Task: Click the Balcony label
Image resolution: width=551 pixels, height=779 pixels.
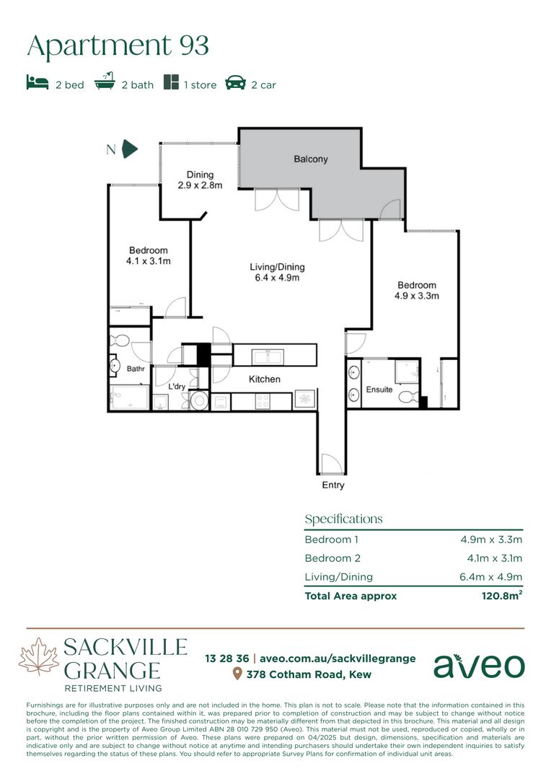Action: pyautogui.click(x=311, y=159)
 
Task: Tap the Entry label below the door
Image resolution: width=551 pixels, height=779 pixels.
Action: pyautogui.click(x=333, y=485)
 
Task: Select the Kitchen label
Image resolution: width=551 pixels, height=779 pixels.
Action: pyautogui.click(x=264, y=379)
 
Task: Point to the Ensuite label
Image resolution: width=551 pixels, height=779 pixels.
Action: pyautogui.click(x=379, y=389)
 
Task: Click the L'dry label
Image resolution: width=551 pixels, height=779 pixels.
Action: pyautogui.click(x=177, y=387)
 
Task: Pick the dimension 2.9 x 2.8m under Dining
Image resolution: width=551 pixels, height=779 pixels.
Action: pyautogui.click(x=200, y=185)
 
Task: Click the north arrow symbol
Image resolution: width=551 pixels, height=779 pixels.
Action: pyautogui.click(x=130, y=149)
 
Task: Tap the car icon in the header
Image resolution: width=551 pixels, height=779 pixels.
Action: pyautogui.click(x=236, y=82)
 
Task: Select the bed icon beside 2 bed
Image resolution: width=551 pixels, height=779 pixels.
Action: pyautogui.click(x=38, y=82)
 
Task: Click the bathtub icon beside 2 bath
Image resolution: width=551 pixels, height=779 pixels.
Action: pyautogui.click(x=105, y=81)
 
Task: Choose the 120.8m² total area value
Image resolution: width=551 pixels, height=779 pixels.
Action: pyautogui.click(x=502, y=595)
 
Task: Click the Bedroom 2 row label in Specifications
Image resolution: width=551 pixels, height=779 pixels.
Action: pyautogui.click(x=332, y=558)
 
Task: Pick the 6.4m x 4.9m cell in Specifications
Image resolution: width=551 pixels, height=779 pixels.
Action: pyautogui.click(x=491, y=577)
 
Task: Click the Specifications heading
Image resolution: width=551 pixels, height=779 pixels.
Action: pyautogui.click(x=343, y=519)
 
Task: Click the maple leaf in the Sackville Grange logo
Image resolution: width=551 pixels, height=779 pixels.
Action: pyautogui.click(x=39, y=657)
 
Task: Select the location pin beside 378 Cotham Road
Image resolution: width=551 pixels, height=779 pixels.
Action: pyautogui.click(x=237, y=674)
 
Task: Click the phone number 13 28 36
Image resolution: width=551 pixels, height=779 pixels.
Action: pyautogui.click(x=227, y=659)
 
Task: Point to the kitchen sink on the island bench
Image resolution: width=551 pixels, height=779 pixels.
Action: pyautogui.click(x=268, y=356)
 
